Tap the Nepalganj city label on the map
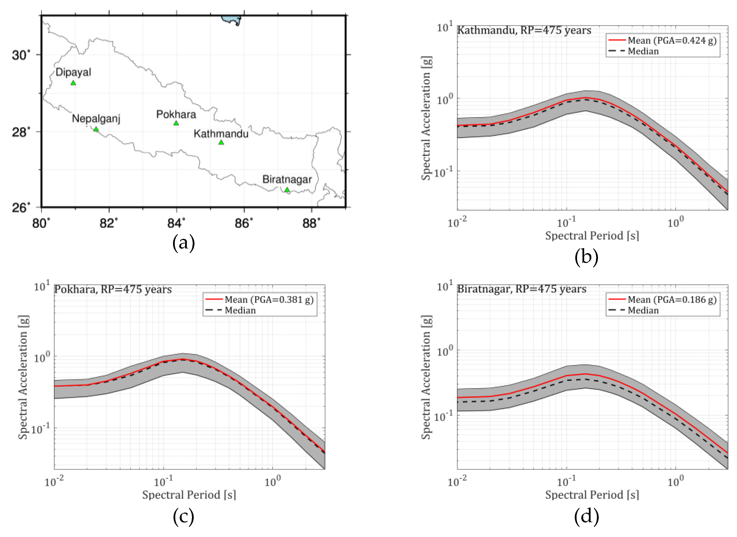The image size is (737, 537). pos(96,118)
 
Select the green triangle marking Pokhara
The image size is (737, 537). pos(176,123)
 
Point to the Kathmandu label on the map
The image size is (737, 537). pos(221,134)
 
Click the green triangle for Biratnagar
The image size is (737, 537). pos(287,190)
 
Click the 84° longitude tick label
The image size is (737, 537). pos(176,223)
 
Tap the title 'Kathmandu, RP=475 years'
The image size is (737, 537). pos(524,30)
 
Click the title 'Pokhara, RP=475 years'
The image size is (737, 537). pos(113,289)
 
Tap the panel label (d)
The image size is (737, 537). pos(586,516)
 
